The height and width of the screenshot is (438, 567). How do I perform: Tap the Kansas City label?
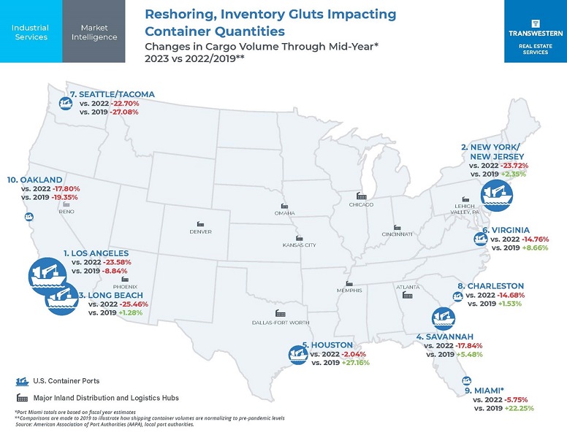(x=299, y=245)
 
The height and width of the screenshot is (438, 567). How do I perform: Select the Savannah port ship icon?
(x=444, y=318)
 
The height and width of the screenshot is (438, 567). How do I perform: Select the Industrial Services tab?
(x=30, y=31)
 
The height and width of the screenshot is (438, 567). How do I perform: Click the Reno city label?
(x=66, y=212)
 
